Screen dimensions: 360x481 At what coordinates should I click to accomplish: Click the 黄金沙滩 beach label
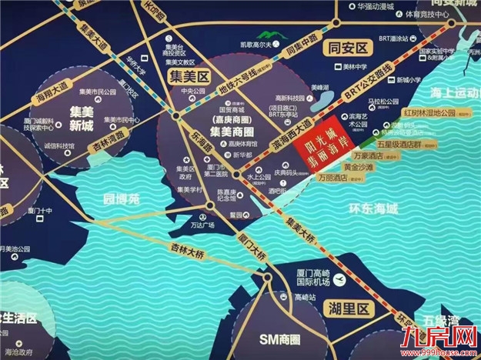pos(360,166)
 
